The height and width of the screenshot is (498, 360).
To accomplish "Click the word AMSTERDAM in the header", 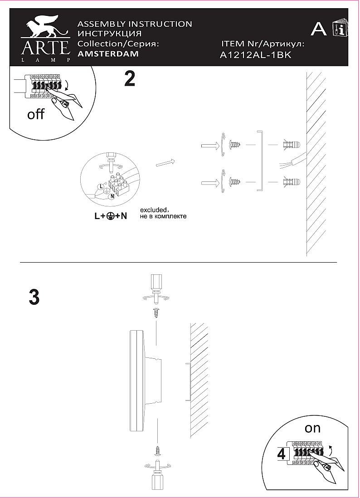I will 108,54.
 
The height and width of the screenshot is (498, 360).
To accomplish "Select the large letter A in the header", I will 319,29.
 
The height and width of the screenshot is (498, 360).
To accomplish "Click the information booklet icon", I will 340,28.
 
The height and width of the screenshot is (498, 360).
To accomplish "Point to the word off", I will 36,114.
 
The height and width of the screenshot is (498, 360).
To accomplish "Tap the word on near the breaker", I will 312,428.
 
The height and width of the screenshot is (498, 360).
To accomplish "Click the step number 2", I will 130,79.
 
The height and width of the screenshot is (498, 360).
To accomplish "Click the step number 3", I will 34,298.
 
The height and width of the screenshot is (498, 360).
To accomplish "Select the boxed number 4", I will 281,454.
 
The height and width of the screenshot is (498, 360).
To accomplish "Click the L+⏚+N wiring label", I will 111,217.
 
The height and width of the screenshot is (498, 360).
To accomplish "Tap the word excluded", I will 154,210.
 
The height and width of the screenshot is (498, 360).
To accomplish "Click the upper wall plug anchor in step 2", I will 291,146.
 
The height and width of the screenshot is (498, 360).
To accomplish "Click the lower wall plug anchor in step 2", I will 291,183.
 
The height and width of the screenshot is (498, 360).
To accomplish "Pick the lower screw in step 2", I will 236,183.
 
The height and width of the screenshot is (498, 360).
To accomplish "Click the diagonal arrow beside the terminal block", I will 165,162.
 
